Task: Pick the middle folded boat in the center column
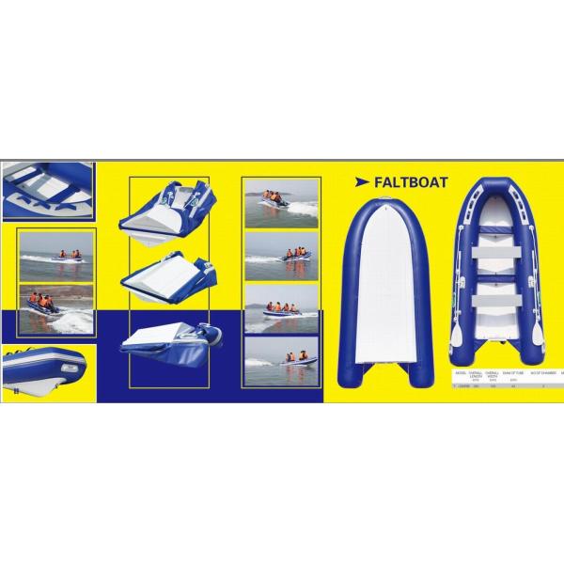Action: coord(164,276)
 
